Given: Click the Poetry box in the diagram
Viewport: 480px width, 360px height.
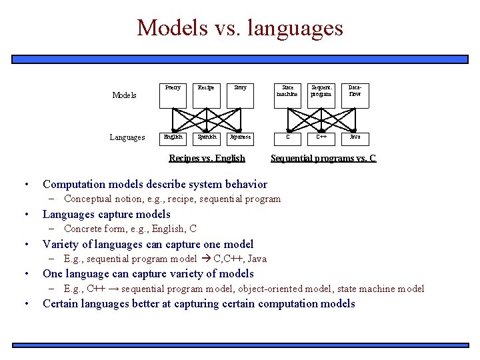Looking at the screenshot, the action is (x=173, y=95).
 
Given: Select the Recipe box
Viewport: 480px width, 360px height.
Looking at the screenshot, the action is (x=206, y=95).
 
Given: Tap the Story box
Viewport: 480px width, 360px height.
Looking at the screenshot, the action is (x=240, y=95).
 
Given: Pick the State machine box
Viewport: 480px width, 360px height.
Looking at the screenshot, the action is (x=288, y=95).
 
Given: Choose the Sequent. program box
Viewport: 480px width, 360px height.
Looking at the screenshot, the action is (x=321, y=95).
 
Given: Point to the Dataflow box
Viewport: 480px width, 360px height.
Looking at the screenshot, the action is (x=355, y=95).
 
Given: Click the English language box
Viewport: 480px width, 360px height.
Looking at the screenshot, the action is (x=173, y=137).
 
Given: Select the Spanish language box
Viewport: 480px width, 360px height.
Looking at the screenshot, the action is (x=206, y=137).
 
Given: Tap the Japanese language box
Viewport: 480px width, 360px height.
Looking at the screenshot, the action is (x=240, y=137).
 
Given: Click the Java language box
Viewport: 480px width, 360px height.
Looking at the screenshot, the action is (x=355, y=137).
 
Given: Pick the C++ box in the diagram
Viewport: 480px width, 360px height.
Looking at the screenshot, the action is (x=321, y=137).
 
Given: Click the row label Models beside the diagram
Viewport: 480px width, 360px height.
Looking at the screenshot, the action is (x=124, y=95).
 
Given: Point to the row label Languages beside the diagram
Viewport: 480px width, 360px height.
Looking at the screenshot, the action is (x=127, y=138).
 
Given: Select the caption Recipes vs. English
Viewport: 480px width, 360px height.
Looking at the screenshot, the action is (x=207, y=159).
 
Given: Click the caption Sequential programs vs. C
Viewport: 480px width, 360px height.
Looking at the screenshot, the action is (x=323, y=159).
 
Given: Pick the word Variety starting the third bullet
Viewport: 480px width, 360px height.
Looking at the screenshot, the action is (x=60, y=244).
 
